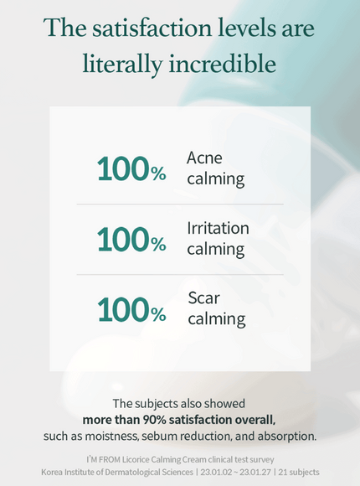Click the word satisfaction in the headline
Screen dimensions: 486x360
pyautogui.click(x=154, y=28)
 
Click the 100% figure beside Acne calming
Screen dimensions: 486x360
pyautogui.click(x=131, y=169)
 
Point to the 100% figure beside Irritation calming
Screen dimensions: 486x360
pyautogui.click(x=131, y=240)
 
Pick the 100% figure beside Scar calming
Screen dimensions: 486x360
pyautogui.click(x=131, y=310)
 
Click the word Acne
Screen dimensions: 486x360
pyautogui.click(x=204, y=158)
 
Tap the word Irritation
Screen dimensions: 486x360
pyautogui.click(x=218, y=228)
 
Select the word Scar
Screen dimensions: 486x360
pyautogui.click(x=203, y=298)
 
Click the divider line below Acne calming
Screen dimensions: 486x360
pyautogui.click(x=180, y=204)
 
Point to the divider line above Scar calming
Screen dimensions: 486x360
pyautogui.click(x=180, y=275)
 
